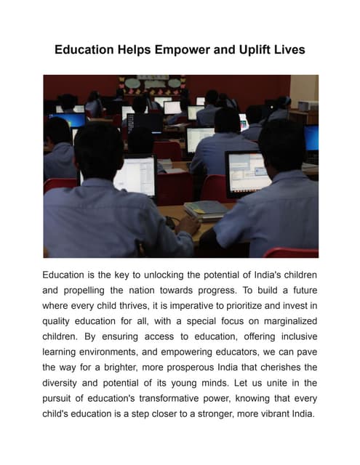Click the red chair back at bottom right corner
point(291,252)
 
